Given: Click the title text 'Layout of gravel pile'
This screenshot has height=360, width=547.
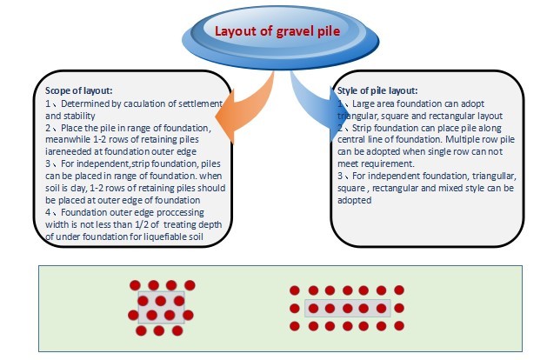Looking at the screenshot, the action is click(x=277, y=31).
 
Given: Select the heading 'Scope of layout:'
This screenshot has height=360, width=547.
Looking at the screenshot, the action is click(x=79, y=90).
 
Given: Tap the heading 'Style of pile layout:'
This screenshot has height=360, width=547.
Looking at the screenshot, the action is click(x=377, y=90).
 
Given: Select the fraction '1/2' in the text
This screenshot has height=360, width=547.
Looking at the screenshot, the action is click(x=142, y=224).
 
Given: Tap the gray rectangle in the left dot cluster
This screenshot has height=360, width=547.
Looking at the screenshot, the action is click(x=161, y=307).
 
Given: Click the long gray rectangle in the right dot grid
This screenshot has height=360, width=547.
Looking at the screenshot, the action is click(x=348, y=308).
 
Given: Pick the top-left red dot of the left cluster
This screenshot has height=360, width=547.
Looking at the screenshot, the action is click(x=135, y=285).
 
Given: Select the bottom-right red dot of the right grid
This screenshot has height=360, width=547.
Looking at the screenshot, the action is click(x=399, y=326).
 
